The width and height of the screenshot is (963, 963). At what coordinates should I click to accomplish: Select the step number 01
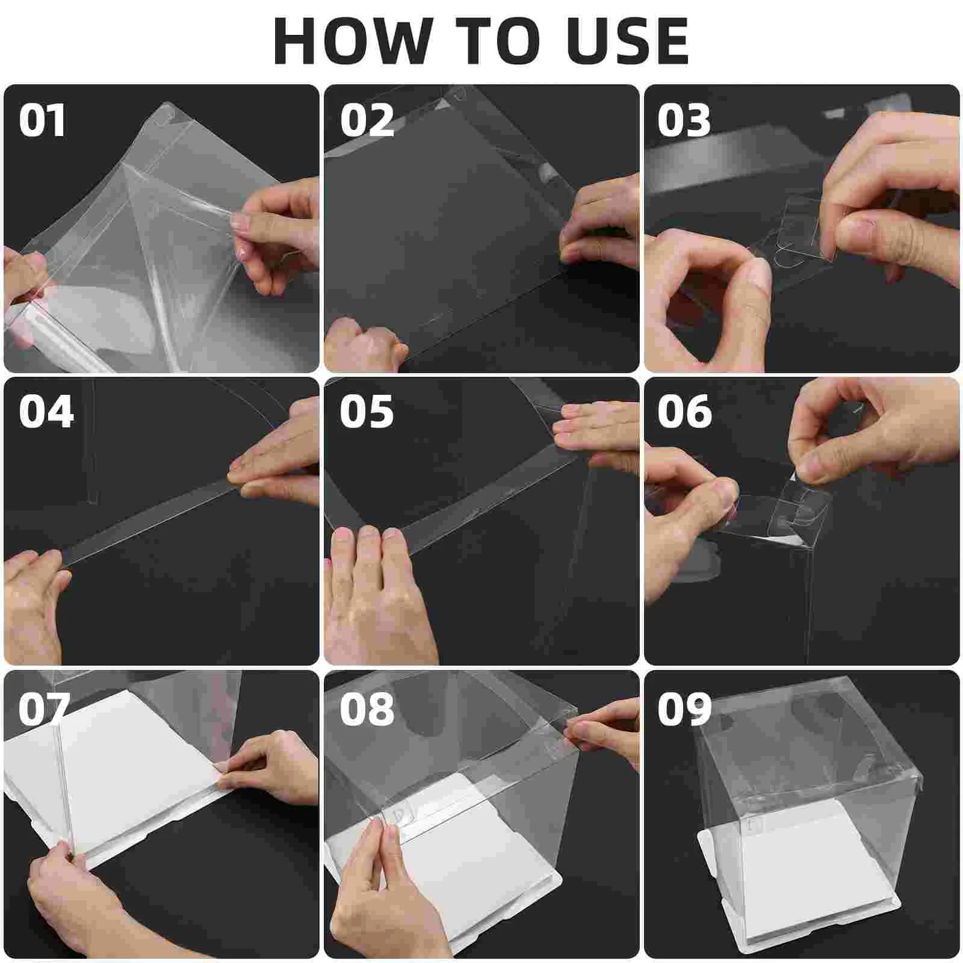pos(42,121)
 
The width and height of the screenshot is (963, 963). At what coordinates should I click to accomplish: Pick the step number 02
pos(367,121)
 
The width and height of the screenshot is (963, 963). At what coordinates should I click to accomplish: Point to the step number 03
pos(684,121)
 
